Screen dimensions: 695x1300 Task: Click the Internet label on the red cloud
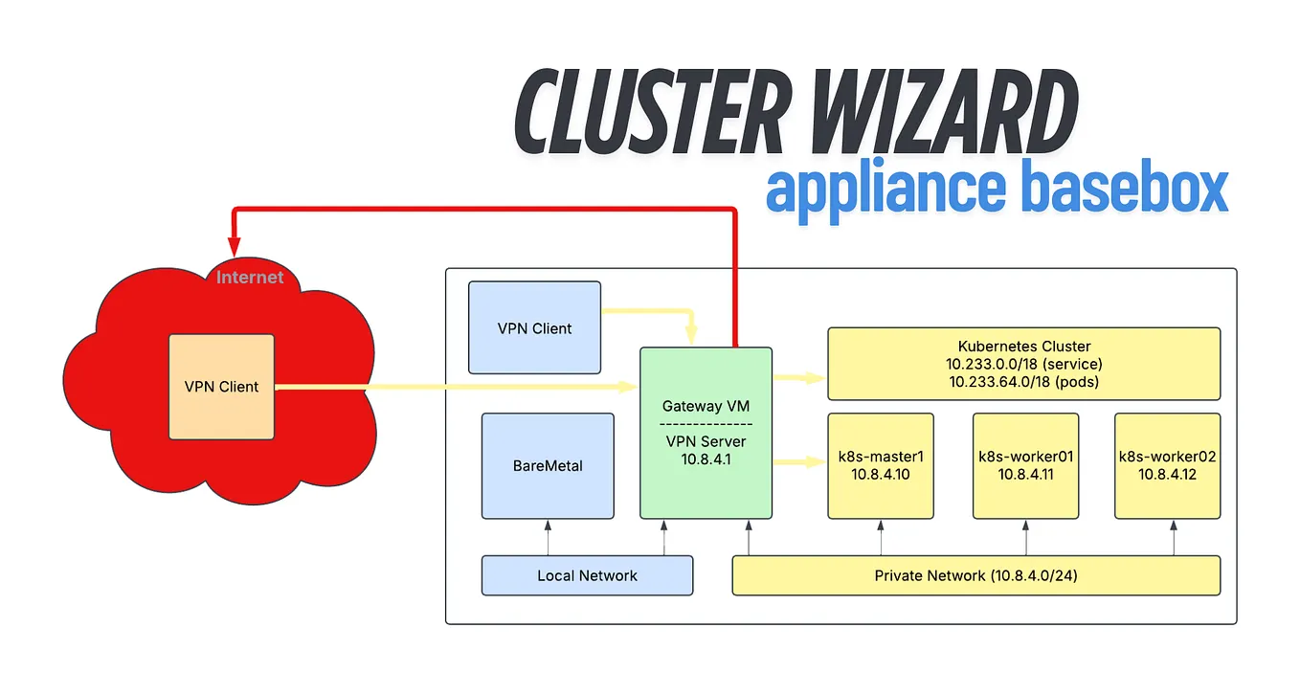[x=250, y=278]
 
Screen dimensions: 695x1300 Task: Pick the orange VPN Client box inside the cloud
[x=221, y=387]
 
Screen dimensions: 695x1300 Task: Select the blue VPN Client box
[x=534, y=327]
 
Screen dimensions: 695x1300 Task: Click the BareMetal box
[x=548, y=466]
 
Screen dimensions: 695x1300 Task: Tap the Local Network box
[x=587, y=575]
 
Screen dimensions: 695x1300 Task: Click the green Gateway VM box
[x=706, y=433]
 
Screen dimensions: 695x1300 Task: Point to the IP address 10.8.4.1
[x=706, y=459]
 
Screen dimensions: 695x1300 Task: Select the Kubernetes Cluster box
[x=1023, y=363]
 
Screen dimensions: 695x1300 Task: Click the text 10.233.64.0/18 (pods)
[x=1023, y=381]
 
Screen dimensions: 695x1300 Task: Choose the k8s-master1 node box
[x=881, y=465]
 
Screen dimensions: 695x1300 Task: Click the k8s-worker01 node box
[x=1025, y=465]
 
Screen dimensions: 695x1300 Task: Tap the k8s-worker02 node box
[x=1167, y=465]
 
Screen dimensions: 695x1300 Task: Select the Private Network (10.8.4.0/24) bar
[x=975, y=575]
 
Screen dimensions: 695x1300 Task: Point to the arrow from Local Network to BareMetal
[x=548, y=538]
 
